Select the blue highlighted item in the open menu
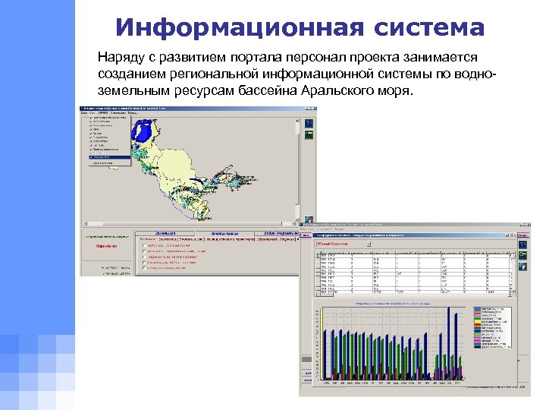[x=106, y=157]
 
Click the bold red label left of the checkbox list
[x=105, y=246]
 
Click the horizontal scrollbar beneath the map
[x=190, y=224]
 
